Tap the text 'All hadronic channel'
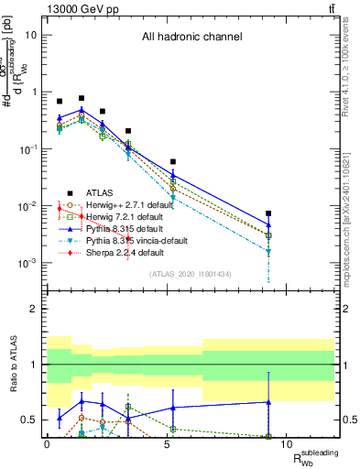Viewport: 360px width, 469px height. pyautogui.click(x=191, y=38)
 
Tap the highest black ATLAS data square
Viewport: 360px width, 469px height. pyautogui.click(x=82, y=97)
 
